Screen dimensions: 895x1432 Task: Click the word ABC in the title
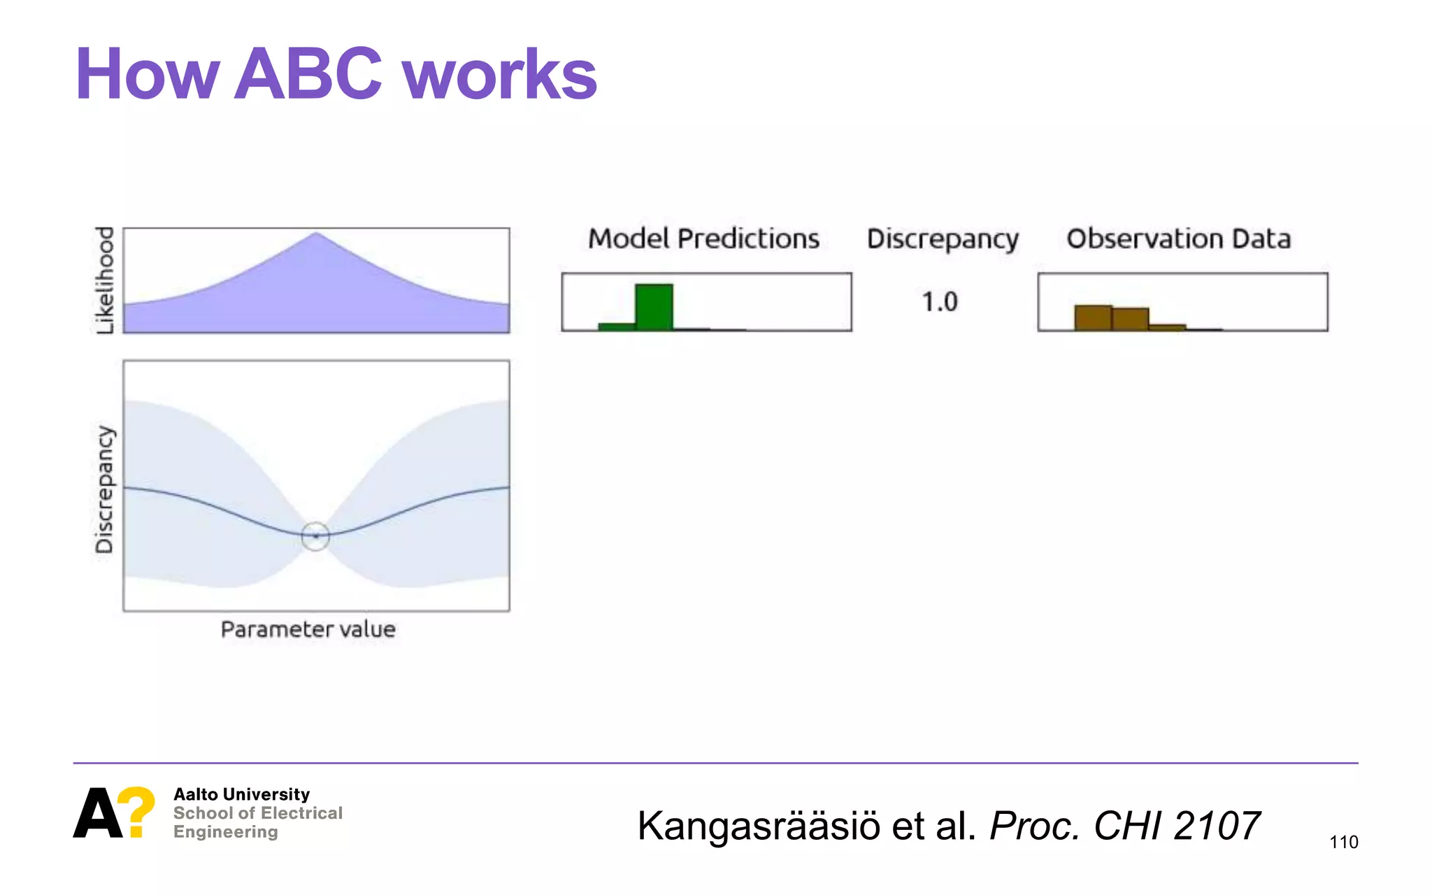pos(308,74)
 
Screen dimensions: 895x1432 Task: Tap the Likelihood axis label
pos(104,280)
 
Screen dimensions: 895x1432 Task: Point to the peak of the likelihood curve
pos(316,234)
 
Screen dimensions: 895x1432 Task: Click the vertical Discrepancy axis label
pos(104,489)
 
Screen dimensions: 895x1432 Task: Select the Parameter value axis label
pos(308,629)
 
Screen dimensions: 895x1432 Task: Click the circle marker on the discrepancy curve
pos(315,536)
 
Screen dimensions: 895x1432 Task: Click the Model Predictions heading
pos(703,239)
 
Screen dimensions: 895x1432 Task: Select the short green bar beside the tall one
pos(617,326)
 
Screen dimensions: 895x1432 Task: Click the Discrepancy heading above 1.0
pos(943,239)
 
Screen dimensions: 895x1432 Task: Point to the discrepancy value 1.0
pos(939,302)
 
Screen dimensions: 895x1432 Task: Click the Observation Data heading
pos(1178,239)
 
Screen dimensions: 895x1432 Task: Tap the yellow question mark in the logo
pos(136,811)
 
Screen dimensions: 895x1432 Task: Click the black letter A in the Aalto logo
pos(97,813)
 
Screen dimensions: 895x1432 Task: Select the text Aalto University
pos(241,794)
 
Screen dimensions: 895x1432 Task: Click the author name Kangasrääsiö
pos(759,826)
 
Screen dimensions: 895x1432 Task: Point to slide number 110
pos(1343,842)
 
